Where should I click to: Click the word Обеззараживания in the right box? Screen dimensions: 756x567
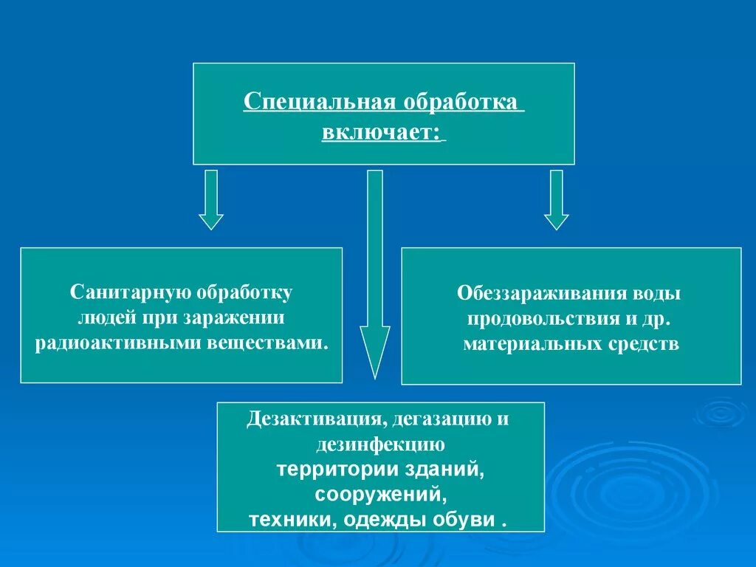point(540,294)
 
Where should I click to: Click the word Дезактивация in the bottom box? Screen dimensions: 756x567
point(314,419)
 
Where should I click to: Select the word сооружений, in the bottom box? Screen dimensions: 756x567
point(380,492)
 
